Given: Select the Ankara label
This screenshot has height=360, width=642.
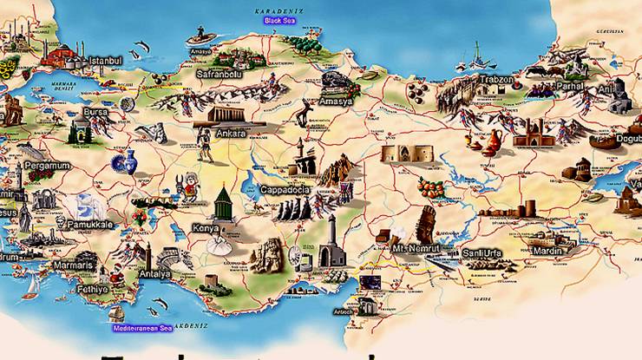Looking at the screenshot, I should click(231, 134).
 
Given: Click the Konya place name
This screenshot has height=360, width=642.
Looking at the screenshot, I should click(206, 228).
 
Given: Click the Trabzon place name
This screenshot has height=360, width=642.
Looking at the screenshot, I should click(496, 80).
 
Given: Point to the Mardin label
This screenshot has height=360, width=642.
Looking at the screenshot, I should click(547, 251).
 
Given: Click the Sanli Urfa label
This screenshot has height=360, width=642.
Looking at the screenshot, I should click(483, 252).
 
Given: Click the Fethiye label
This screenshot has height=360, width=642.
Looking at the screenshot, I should click(91, 290).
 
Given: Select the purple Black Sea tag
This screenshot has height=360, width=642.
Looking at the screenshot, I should click(279, 19).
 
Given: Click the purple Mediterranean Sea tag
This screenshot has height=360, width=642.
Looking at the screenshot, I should click(143, 329).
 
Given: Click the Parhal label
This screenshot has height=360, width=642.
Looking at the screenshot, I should click(570, 86).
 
